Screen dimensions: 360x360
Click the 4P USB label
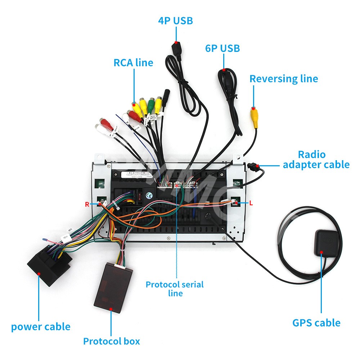click(x=176, y=21)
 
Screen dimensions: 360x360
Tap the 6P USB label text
click(x=222, y=48)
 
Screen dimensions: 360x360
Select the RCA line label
click(x=133, y=63)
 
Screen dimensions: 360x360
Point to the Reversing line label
click(x=284, y=79)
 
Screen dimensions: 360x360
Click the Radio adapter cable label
click(x=316, y=159)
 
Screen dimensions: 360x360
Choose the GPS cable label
click(x=316, y=323)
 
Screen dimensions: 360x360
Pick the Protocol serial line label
click(x=175, y=289)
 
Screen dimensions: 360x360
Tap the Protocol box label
click(x=111, y=341)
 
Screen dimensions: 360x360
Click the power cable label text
click(x=41, y=327)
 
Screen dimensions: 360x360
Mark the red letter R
click(x=87, y=204)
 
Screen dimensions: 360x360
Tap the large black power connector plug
click(x=47, y=265)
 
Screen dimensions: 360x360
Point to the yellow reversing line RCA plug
click(x=255, y=117)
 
